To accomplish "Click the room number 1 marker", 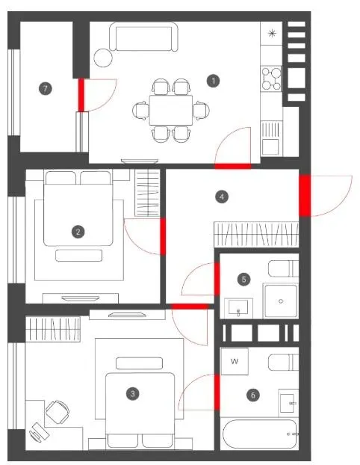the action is tap(214, 81).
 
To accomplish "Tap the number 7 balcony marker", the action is tap(45, 88).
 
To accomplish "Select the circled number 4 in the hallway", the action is tap(222, 197).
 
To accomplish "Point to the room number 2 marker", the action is tap(78, 232).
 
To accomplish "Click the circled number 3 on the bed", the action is tap(132, 394).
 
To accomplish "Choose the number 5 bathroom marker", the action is tap(243, 279).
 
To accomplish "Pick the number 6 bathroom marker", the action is tap(252, 395).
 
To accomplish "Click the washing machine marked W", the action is tap(235, 361).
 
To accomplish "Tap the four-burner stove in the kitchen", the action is tap(271, 78).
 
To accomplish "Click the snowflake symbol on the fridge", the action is tap(271, 33).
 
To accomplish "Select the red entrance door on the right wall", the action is tap(305, 195).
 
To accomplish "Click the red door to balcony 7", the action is tap(81, 95).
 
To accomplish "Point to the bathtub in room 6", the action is tap(260, 434).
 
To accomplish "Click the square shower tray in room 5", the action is tap(281, 301).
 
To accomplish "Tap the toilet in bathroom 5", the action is tap(283, 268).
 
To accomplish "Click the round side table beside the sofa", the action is tap(103, 58).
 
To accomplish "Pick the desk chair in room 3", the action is tap(58, 412).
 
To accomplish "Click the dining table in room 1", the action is tap(171, 110).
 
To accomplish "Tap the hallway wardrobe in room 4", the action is tap(256, 234).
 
